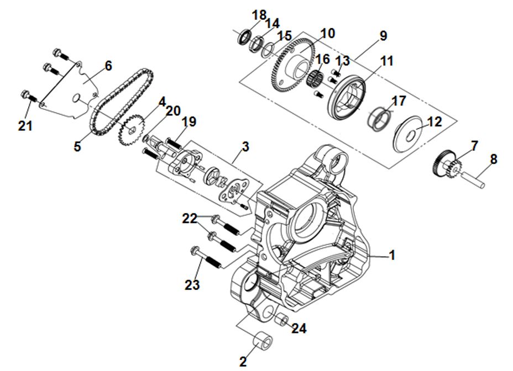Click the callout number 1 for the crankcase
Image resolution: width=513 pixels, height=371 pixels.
click(x=391, y=256)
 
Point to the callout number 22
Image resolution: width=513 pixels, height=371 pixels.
click(x=190, y=219)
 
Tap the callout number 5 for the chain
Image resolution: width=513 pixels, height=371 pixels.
click(x=77, y=147)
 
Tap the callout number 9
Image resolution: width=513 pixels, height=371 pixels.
click(x=383, y=36)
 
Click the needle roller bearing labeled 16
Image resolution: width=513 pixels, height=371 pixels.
click(x=315, y=77)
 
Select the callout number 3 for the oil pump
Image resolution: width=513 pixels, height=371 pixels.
click(x=245, y=147)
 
